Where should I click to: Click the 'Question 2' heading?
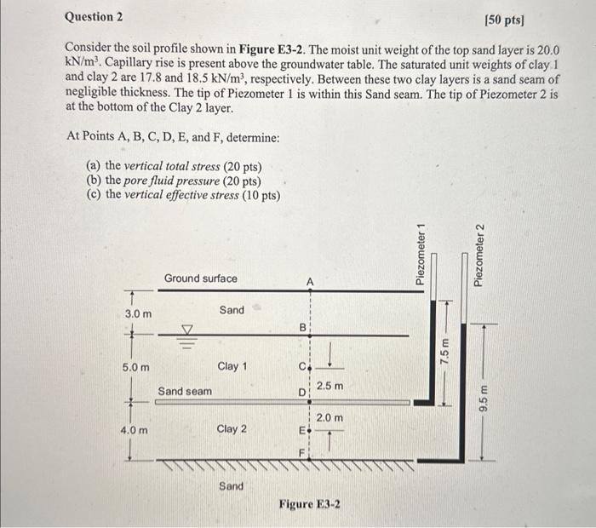(x=94, y=16)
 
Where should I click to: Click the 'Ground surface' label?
(x=201, y=278)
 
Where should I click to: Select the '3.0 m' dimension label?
(x=139, y=314)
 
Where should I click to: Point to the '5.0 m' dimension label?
(x=137, y=368)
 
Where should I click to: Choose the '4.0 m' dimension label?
(x=137, y=430)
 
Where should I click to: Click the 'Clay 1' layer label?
(x=232, y=366)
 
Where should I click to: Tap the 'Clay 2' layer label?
(x=232, y=429)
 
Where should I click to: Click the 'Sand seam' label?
(x=186, y=391)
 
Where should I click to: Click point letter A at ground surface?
(x=310, y=281)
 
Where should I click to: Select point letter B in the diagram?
(x=301, y=326)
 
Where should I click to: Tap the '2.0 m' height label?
(x=330, y=418)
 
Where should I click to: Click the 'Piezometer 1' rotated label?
(x=420, y=253)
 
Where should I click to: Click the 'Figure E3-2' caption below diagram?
(x=310, y=504)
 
